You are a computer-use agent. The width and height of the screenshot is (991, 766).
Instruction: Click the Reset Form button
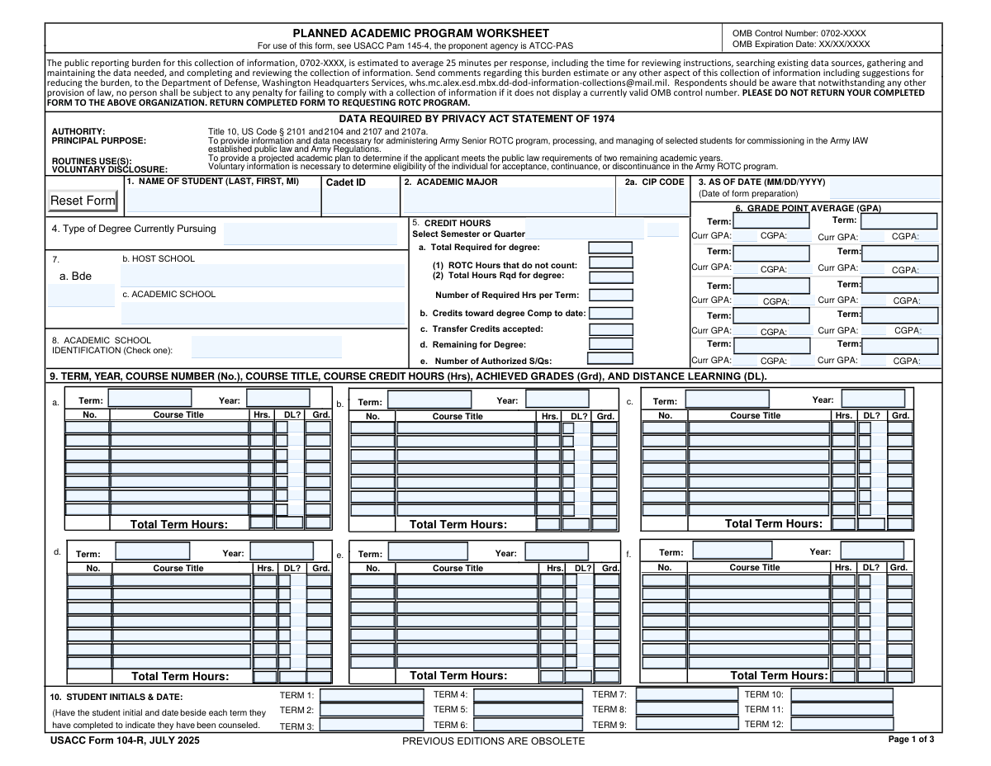(83, 201)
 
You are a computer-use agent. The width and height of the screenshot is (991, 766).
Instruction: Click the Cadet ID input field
(360, 201)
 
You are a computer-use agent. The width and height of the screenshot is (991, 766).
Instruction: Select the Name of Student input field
(221, 201)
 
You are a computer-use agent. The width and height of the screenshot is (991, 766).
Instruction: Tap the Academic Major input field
(510, 201)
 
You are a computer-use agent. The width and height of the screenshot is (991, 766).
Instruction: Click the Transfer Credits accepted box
(610, 329)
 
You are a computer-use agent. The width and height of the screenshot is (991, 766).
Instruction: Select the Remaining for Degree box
(610, 344)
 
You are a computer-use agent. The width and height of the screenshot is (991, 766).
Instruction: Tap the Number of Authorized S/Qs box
(610, 359)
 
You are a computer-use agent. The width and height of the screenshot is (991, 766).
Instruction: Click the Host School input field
(263, 276)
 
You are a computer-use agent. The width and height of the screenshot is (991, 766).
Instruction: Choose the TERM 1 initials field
(371, 695)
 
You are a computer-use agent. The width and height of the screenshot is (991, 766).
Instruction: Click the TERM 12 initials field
(841, 724)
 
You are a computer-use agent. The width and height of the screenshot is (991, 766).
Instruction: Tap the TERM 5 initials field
(529, 709)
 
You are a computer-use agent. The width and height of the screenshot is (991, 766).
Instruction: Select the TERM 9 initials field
(687, 724)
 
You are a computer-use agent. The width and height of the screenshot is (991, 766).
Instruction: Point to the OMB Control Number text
(799, 33)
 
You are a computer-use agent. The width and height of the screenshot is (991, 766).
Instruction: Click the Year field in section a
(277, 399)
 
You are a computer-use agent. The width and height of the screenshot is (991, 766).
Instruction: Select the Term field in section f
(732, 551)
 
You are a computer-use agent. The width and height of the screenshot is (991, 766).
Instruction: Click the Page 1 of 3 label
(911, 740)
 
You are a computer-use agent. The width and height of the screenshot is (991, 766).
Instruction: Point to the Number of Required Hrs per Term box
(611, 295)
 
